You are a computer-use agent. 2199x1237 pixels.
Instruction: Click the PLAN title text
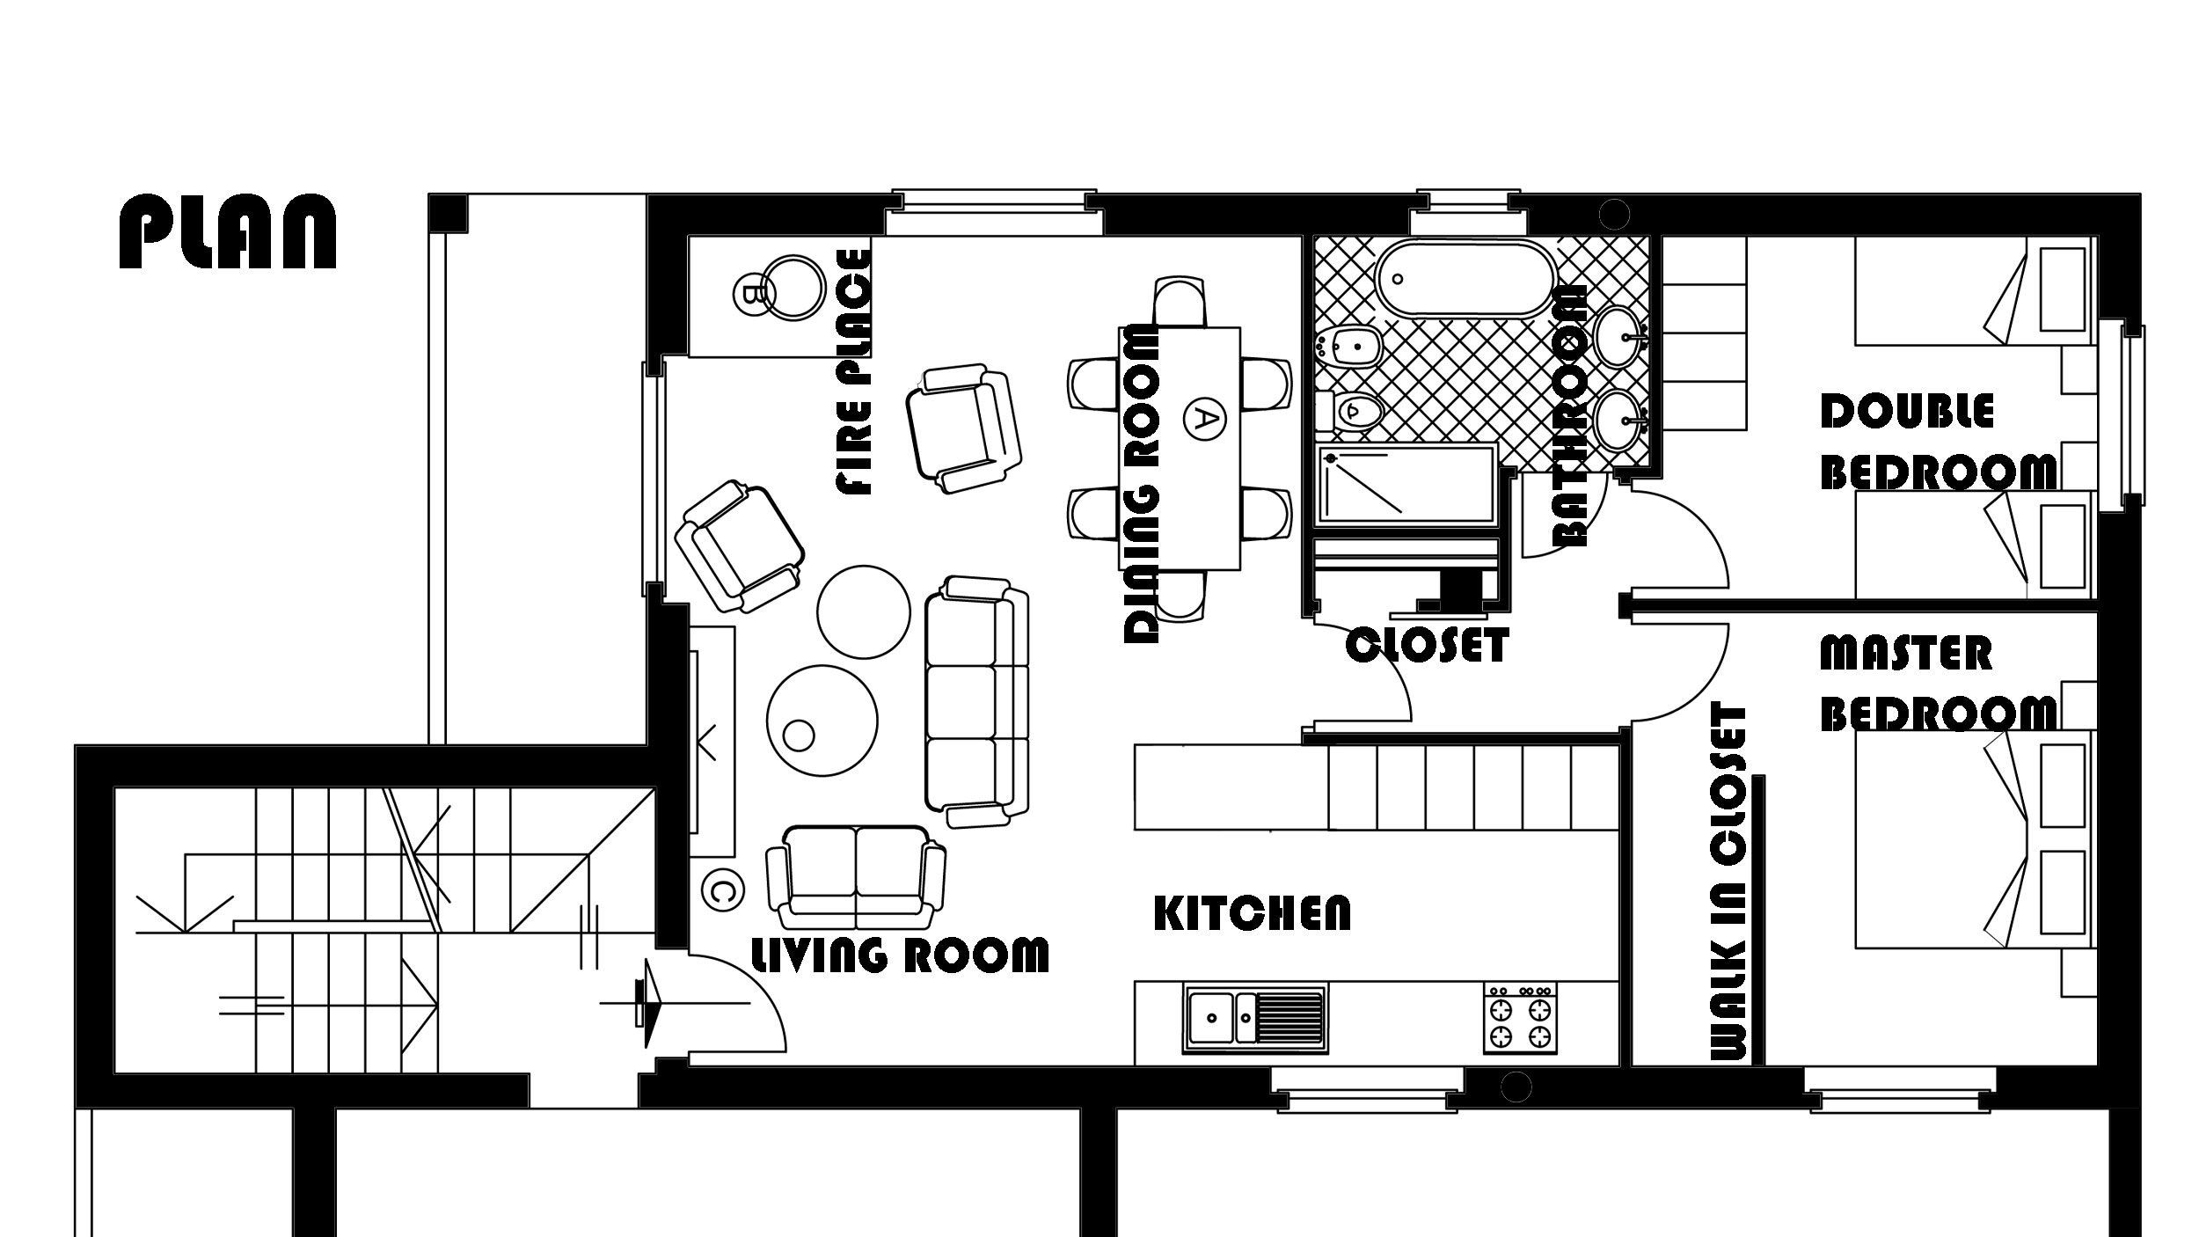228,231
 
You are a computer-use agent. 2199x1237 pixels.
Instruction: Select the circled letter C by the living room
722,891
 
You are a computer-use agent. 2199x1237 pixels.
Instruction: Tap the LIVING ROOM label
899,954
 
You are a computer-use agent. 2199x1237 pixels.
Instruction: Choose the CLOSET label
1427,645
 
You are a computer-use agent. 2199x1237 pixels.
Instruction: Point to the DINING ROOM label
1143,485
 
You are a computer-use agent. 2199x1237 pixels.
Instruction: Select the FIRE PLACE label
854,372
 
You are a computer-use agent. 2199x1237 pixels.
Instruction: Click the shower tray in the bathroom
1405,487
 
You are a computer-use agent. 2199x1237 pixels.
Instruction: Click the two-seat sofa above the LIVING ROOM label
856,878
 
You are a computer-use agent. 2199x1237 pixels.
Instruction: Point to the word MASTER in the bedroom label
1905,654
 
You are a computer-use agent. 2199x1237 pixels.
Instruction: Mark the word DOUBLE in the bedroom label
1907,412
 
